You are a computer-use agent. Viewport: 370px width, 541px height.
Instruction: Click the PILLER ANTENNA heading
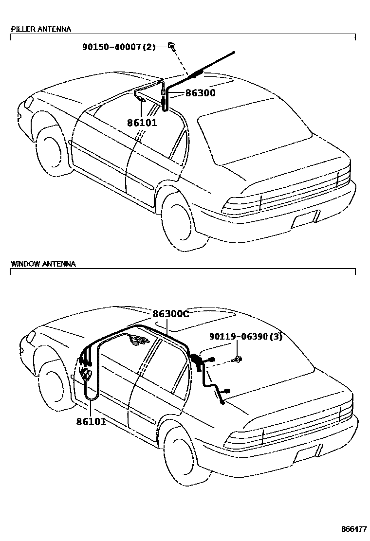pyautogui.click(x=41, y=29)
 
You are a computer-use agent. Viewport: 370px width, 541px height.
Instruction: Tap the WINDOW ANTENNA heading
pyautogui.click(x=43, y=264)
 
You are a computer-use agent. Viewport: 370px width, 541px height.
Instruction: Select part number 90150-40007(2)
pyautogui.click(x=118, y=47)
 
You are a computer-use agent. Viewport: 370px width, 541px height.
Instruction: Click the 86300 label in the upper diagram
pyautogui.click(x=200, y=93)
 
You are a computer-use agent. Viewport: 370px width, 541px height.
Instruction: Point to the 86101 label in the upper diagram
pyautogui.click(x=142, y=123)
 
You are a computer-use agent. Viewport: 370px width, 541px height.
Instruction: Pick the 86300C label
pyautogui.click(x=170, y=314)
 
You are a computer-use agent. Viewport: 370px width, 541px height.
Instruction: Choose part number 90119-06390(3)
pyautogui.click(x=246, y=337)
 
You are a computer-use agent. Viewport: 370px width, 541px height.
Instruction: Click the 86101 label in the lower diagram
pyautogui.click(x=91, y=421)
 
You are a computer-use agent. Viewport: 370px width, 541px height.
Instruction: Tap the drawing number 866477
pyautogui.click(x=353, y=528)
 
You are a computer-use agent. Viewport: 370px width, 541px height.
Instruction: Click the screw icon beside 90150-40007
pyautogui.click(x=172, y=46)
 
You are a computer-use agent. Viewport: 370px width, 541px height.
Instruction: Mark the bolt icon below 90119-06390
pyautogui.click(x=238, y=360)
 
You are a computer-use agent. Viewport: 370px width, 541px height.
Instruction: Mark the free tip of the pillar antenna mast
pyautogui.click(x=234, y=52)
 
